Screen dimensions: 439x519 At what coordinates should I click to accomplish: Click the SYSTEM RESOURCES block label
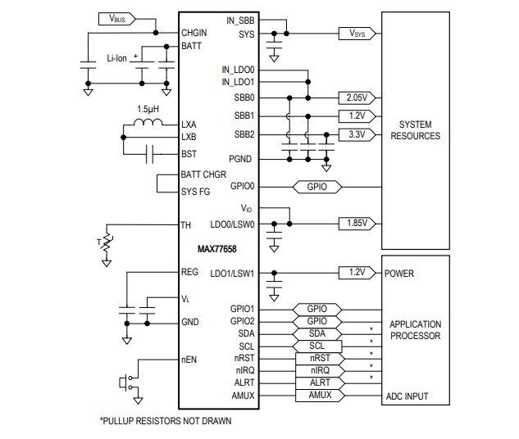pos(415,129)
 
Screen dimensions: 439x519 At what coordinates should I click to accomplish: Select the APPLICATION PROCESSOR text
pos(415,329)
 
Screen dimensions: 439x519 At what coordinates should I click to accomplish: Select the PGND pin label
pos(242,159)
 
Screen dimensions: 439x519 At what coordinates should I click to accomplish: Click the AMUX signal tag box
pos(318,396)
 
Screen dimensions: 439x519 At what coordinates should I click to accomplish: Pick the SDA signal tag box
pos(318,333)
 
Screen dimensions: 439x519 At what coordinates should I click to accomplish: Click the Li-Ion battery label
pos(118,58)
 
